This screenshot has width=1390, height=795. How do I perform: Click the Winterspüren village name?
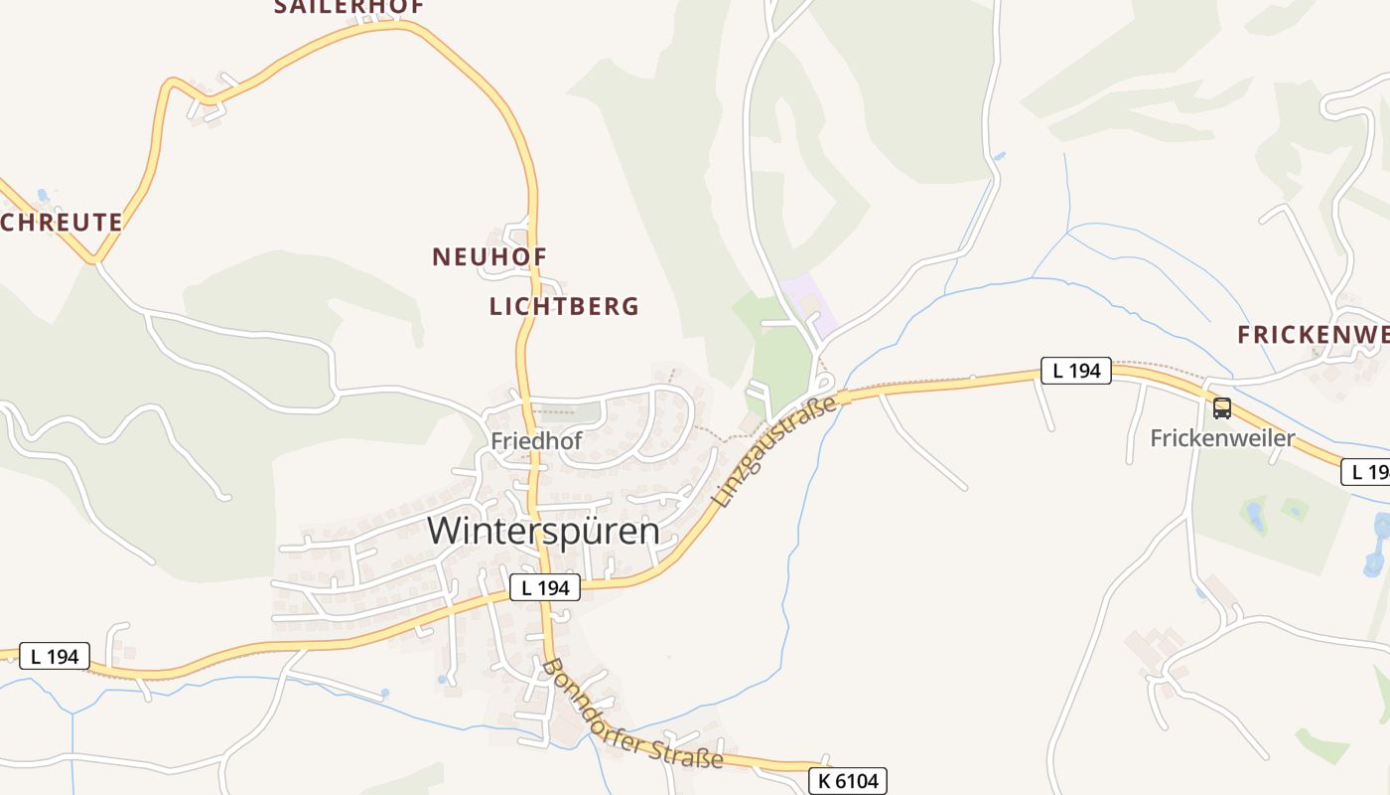pos(543,530)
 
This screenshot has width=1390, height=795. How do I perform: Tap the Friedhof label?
pos(535,439)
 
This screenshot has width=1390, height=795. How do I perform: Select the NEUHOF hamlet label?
pos(489,256)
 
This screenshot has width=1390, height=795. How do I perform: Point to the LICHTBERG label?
pos(564,306)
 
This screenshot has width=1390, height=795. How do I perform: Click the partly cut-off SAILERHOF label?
pos(348,7)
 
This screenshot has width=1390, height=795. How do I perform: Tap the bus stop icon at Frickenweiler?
pos(1222,407)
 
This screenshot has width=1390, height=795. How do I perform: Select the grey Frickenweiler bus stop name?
pos(1222,438)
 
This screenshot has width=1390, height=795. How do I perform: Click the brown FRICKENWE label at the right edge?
pos(1313,335)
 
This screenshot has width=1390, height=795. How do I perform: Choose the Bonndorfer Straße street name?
pos(632,714)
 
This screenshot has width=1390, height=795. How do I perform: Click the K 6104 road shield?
pos(847,781)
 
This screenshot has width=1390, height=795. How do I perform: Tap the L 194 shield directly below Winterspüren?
pos(545,587)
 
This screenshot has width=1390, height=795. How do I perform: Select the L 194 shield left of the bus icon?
pos(1076,371)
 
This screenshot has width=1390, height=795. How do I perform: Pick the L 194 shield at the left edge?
pos(55,656)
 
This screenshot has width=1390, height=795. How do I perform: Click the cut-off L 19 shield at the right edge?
pos(1367,472)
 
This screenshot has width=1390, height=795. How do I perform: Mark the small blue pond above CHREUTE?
pos(43,196)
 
